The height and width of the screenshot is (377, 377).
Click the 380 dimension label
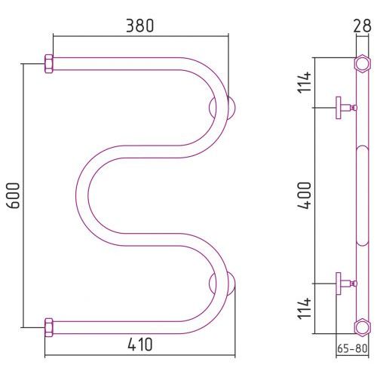[139, 26]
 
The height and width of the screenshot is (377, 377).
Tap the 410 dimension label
[140, 345]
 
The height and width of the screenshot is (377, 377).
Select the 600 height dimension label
[13, 195]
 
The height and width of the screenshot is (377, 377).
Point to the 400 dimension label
[305, 195]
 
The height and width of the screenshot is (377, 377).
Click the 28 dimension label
[362, 26]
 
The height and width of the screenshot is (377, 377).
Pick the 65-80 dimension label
[352, 348]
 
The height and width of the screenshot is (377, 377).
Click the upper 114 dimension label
[305, 82]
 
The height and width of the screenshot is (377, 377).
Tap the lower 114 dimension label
[305, 308]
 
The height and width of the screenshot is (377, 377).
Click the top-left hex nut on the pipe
[49, 64]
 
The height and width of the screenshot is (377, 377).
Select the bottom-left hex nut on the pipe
[49, 327]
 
